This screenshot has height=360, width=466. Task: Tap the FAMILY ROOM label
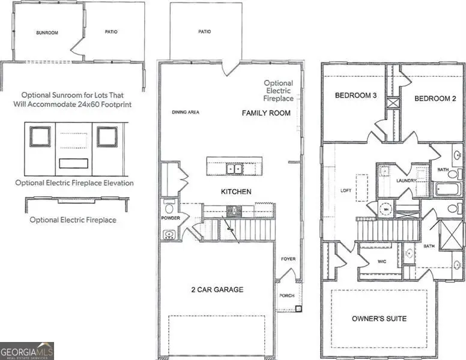266,113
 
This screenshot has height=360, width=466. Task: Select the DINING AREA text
186,112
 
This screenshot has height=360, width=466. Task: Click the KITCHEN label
235,192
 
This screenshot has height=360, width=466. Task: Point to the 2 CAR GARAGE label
217,290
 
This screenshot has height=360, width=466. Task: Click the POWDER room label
171,218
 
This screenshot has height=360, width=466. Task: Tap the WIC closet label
381,262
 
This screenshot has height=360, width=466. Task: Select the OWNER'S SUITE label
380,318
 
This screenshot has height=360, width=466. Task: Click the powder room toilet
169,207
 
